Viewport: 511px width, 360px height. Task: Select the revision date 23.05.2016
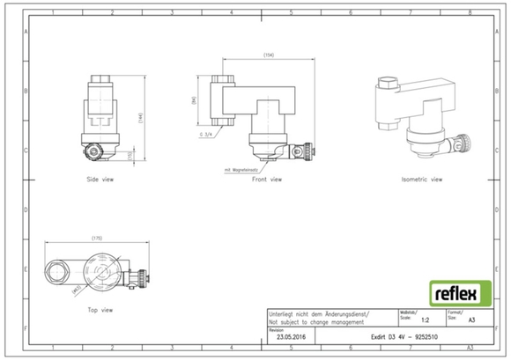pyautogui.click(x=291, y=337)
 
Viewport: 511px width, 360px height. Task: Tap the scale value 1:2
pyautogui.click(x=426, y=322)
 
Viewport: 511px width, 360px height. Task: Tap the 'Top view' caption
pyautogui.click(x=100, y=310)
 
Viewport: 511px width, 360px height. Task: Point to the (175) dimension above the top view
pyautogui.click(x=99, y=238)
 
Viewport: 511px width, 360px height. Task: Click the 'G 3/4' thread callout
pyautogui.click(x=207, y=135)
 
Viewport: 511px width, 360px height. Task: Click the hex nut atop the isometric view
pyautogui.click(x=388, y=87)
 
